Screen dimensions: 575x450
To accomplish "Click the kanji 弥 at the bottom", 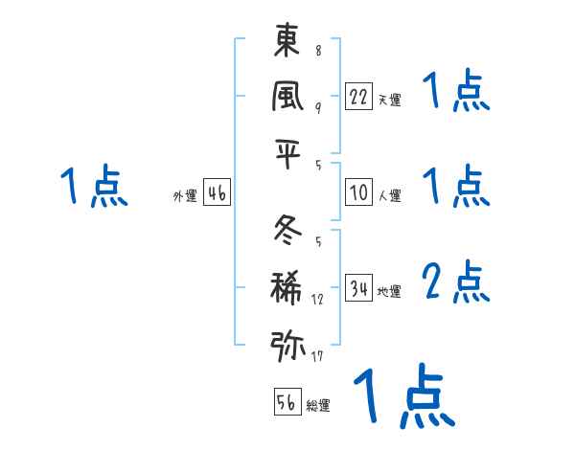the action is coord(287,343).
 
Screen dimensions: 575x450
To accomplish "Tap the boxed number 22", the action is coord(359,97).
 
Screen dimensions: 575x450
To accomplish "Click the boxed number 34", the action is coord(359,288).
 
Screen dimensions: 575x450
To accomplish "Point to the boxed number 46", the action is coord(217,193).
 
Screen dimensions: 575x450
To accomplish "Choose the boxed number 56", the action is coord(287,402).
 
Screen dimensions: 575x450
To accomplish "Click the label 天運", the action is coord(389,99).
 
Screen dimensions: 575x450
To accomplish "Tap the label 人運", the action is coord(389,195).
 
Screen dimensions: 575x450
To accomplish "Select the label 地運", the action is coord(389,291).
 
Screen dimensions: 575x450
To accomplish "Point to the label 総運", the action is coord(317,405).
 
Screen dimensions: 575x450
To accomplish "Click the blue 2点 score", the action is coord(457,281).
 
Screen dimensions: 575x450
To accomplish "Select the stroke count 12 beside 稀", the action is coord(317,300).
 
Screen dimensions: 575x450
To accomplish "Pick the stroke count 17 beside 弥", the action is coord(317,357).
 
